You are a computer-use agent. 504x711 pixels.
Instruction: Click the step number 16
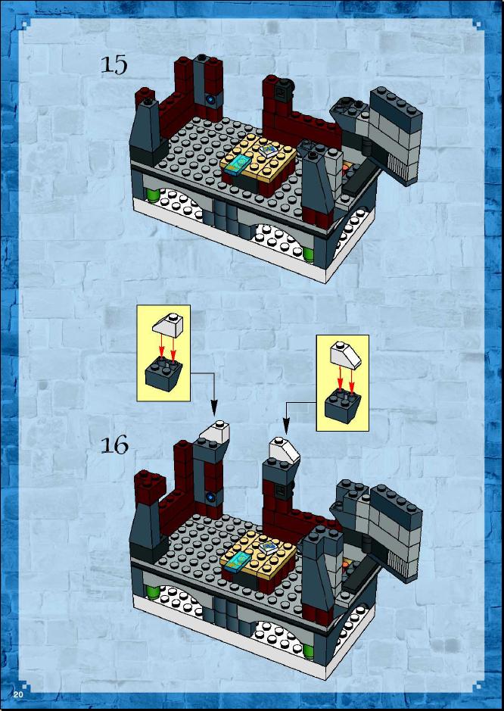point(114,445)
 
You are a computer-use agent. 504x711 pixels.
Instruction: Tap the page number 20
point(18,694)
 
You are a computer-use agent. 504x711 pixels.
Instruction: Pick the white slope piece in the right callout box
point(346,355)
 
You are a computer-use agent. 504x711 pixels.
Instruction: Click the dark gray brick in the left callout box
point(163,373)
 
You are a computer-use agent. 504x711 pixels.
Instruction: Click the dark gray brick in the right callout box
point(343,407)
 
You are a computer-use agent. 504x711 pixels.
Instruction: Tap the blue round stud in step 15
point(210,98)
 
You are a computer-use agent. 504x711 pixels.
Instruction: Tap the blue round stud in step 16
point(210,497)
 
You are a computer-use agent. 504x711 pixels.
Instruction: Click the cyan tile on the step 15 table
point(237,165)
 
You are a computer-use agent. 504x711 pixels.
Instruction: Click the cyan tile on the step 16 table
point(237,563)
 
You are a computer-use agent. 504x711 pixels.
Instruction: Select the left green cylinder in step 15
point(152,197)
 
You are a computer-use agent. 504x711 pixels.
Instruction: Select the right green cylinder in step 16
point(308,650)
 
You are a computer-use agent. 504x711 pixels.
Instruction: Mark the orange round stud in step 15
point(345,168)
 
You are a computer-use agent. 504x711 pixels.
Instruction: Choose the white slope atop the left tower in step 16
point(217,432)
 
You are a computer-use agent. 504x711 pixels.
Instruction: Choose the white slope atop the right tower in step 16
point(285,451)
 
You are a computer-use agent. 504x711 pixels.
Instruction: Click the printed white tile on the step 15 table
point(269,150)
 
